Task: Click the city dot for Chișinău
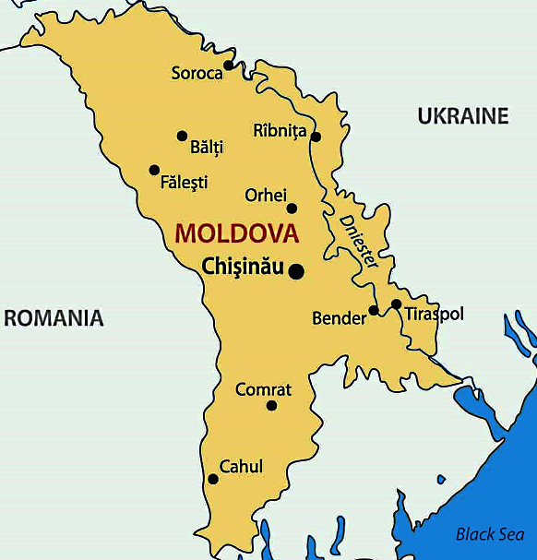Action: (x=296, y=271)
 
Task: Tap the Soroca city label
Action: (x=197, y=73)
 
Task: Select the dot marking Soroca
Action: (x=229, y=66)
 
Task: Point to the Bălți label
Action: (x=207, y=147)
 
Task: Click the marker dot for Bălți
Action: (x=183, y=136)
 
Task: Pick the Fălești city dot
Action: (x=154, y=170)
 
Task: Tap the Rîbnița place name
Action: (x=279, y=131)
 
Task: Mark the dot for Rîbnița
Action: (x=316, y=137)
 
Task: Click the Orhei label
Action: (x=266, y=195)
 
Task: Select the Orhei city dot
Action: (x=292, y=208)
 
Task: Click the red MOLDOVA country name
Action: (x=237, y=233)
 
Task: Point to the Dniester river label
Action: (x=359, y=241)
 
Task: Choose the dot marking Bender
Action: (x=374, y=310)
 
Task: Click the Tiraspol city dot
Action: (x=396, y=304)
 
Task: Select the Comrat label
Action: (x=263, y=389)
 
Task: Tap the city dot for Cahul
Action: (x=213, y=479)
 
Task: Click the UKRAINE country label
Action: (x=463, y=116)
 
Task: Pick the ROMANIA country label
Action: (x=54, y=318)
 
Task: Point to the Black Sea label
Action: (x=490, y=534)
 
